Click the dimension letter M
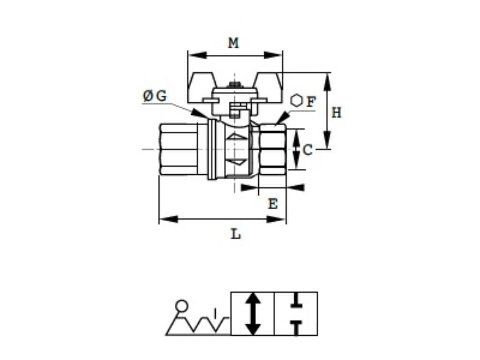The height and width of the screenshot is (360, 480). tap(233, 43)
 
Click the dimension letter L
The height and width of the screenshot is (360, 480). tap(236, 233)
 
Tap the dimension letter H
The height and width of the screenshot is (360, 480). tap(337, 112)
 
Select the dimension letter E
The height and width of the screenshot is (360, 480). tap(272, 204)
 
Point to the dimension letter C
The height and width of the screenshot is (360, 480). tap(307, 150)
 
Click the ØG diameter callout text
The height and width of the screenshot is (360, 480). tap(155, 96)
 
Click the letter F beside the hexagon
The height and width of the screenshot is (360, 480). tap(311, 101)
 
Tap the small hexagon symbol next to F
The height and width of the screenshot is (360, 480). tap(296, 101)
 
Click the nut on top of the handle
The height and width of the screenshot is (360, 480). tap(234, 86)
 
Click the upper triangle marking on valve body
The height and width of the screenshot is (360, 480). tap(239, 136)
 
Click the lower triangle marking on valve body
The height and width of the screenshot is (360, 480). tap(239, 162)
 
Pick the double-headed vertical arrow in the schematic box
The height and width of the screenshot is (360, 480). tap(253, 314)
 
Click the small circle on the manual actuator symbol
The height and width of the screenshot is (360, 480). tap(181, 306)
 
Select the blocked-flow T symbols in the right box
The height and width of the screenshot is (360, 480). tap(296, 314)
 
